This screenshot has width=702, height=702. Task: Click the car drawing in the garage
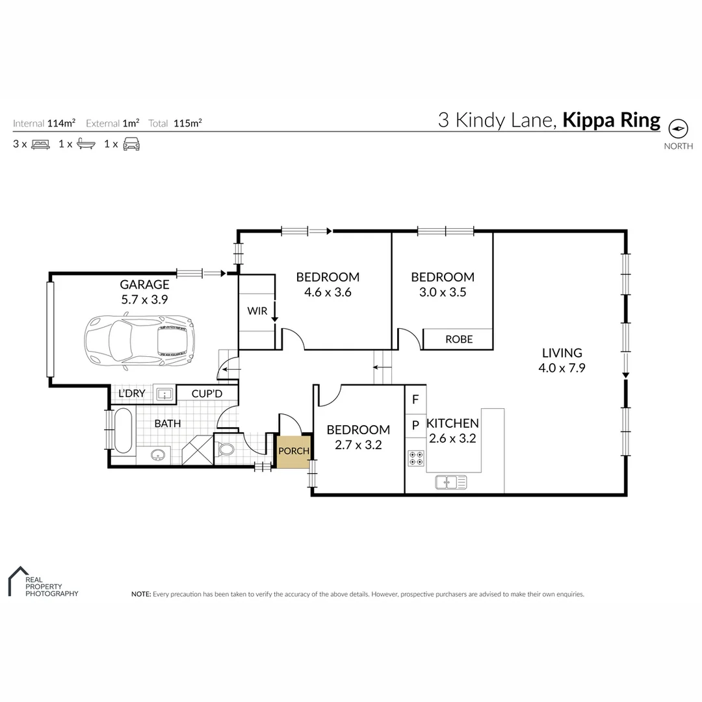[139, 340]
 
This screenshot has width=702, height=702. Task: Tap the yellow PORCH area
[294, 451]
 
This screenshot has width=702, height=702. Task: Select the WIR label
[257, 311]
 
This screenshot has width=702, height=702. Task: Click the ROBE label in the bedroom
[459, 339]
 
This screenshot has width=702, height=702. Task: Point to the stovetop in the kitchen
[416, 458]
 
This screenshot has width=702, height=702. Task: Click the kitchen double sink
[450, 482]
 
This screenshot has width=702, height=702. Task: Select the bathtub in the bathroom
[123, 430]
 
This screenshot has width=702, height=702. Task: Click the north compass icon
[678, 128]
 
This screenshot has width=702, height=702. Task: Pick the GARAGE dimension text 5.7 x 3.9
[144, 300]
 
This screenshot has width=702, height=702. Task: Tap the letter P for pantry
[415, 425]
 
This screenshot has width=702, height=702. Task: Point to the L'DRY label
[132, 394]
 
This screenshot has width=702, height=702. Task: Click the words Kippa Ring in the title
[611, 120]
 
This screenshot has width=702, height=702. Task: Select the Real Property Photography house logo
[16, 580]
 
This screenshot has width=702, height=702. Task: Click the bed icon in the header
[40, 144]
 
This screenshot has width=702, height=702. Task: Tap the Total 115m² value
[187, 123]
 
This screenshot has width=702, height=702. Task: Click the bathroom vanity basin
[157, 455]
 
